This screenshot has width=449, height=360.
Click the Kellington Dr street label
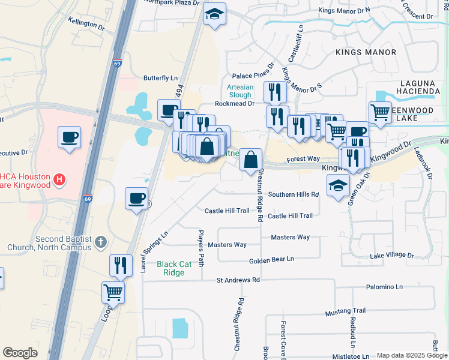[86, 25]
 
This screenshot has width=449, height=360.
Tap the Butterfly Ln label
[160, 78]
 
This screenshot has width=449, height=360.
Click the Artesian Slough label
[240, 91]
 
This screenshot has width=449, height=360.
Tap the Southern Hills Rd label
[293, 194]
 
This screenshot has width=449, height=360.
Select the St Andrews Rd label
[238, 280]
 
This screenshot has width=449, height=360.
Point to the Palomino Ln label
[384, 287]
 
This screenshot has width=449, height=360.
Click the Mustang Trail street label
[345, 311]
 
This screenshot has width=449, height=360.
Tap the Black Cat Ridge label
[179, 268]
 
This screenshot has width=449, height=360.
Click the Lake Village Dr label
[392, 256]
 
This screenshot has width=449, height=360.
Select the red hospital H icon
[59, 179]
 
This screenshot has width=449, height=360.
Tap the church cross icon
[101, 242]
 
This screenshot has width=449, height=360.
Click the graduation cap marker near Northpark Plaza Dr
[214, 15]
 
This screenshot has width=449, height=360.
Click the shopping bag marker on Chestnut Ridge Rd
[251, 161]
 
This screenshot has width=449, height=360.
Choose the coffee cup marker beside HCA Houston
[70, 137]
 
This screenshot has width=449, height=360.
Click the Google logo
[20, 353]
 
